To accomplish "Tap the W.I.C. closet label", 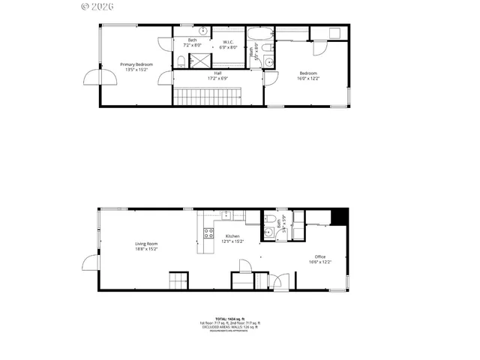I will coord(226,44).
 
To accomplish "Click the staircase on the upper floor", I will coord(208,96).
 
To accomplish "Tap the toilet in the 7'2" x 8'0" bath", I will coord(181,60).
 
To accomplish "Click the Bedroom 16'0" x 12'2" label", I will coord(307,75).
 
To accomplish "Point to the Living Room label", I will coord(146,245).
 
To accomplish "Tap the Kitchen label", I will coord(232,238).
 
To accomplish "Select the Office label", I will coord(320,259).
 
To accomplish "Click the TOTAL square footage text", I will coord(229,319).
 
